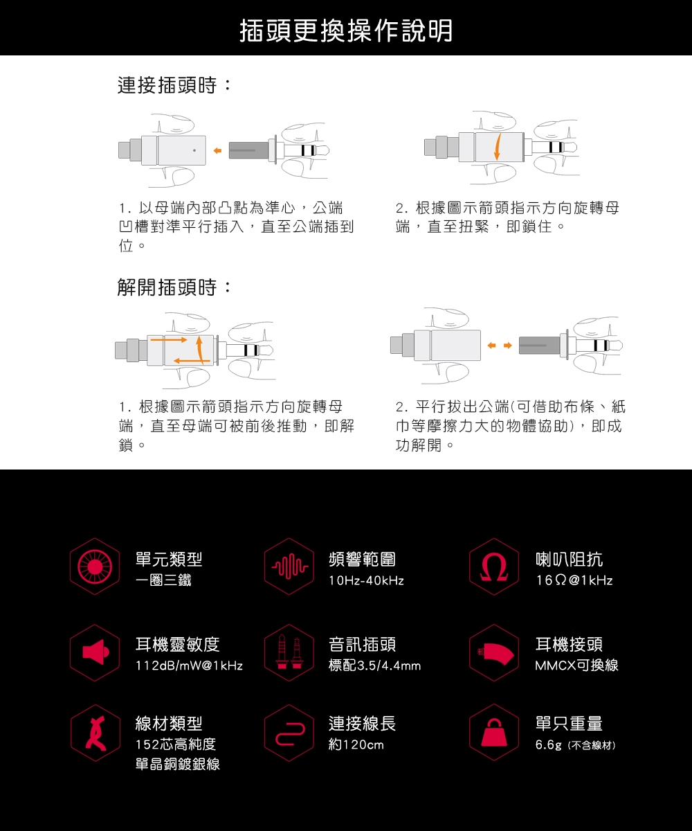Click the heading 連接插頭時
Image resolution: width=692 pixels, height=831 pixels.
(x=174, y=87)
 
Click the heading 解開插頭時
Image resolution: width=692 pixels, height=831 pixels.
(x=174, y=287)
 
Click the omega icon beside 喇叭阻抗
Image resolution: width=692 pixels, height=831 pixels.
(x=493, y=566)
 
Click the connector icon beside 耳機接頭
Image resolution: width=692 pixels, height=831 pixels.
(x=493, y=652)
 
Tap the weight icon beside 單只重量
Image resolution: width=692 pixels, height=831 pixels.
(x=493, y=733)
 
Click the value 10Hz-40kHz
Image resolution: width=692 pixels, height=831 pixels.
(x=366, y=580)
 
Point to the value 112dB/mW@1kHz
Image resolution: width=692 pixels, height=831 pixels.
(x=189, y=665)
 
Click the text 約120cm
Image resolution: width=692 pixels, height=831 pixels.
(x=356, y=745)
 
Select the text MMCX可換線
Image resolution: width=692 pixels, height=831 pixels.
(x=576, y=665)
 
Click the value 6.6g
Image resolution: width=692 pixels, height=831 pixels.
(x=547, y=745)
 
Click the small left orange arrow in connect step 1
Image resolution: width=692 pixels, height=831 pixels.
(x=217, y=150)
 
